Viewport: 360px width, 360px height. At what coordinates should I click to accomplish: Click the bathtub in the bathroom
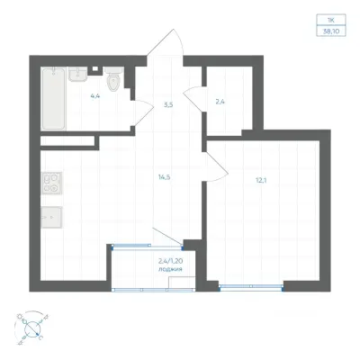(53, 99)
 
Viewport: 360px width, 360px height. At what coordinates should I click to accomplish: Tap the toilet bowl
(113, 79)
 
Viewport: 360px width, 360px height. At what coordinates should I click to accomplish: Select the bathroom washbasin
(78, 74)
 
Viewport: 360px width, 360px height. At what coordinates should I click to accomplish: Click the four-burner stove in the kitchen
(51, 184)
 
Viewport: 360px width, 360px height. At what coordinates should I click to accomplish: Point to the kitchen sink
(51, 217)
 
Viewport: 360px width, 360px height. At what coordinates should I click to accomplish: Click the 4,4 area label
(95, 96)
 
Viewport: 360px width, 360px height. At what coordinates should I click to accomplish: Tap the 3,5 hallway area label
(168, 105)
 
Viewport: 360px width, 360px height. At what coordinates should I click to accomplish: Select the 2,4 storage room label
(220, 102)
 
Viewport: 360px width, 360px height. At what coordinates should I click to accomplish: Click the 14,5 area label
(165, 177)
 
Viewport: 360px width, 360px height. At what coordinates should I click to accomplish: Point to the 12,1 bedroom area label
(260, 181)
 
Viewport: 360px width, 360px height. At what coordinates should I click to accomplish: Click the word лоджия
(170, 269)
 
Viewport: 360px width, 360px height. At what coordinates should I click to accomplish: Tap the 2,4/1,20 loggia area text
(170, 261)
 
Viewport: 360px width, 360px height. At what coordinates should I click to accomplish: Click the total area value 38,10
(331, 31)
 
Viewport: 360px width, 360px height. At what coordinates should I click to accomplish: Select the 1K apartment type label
(331, 20)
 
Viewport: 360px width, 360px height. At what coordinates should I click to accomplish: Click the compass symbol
(31, 328)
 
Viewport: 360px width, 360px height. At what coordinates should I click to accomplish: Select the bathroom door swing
(142, 112)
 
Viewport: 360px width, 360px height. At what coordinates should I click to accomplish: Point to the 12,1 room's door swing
(217, 166)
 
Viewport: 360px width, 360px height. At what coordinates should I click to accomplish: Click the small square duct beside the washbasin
(95, 69)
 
